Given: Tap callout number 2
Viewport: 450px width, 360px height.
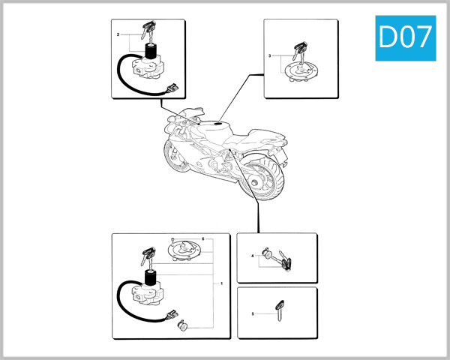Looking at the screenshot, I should pyautogui.click(x=118, y=35).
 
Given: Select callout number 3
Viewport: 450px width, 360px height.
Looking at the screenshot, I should pyautogui.click(x=270, y=56).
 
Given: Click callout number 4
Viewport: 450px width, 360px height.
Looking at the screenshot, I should pyautogui.click(x=253, y=257).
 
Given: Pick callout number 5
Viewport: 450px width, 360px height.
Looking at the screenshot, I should pyautogui.click(x=253, y=313).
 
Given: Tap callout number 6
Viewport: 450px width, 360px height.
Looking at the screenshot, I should pyautogui.click(x=202, y=239).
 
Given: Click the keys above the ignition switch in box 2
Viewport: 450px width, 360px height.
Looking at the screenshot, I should pyautogui.click(x=148, y=31).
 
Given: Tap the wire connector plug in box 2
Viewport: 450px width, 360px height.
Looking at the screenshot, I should pyautogui.click(x=175, y=89).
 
